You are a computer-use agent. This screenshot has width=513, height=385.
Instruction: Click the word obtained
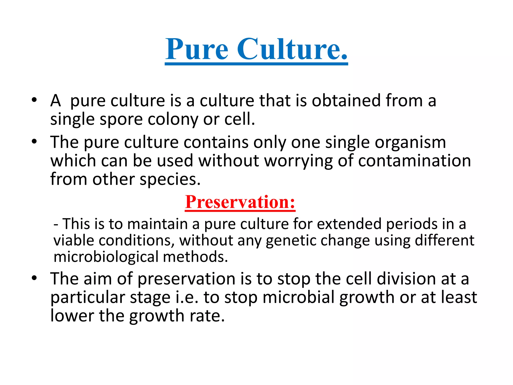click(x=346, y=101)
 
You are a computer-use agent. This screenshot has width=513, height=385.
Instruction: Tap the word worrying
click(x=298, y=161)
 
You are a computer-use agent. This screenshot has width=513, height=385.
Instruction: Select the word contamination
click(x=415, y=161)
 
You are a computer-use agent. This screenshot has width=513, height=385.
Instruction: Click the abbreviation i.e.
click(x=187, y=297)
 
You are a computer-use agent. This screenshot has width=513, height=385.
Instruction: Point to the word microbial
click(x=298, y=297)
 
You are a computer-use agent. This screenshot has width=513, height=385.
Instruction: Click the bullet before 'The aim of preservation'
click(x=34, y=278)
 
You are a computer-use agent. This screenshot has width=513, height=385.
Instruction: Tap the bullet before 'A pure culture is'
click(x=34, y=100)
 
